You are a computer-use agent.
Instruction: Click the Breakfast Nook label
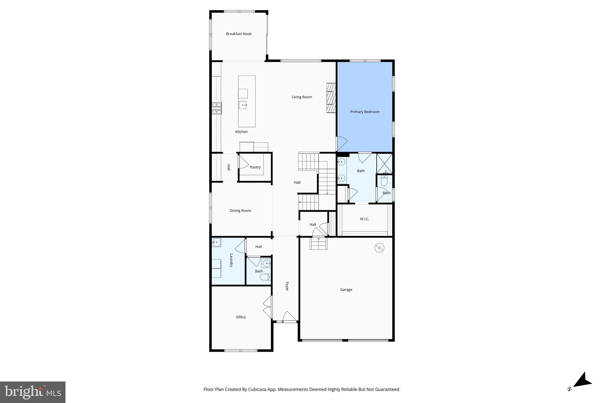tap(239, 34)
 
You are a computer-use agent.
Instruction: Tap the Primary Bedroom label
tap(365, 112)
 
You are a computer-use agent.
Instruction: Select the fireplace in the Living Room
tap(331, 98)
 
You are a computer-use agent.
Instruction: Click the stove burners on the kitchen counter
tap(217, 108)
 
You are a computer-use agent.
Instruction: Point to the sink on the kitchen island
tap(243, 105)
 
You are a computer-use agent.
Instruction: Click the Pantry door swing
tap(243, 162)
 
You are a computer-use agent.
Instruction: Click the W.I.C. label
tap(364, 219)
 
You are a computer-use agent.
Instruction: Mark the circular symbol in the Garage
tap(379, 248)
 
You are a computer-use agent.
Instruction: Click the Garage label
tap(346, 290)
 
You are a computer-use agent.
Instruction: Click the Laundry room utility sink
tap(216, 242)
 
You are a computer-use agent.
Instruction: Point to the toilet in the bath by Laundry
tap(265, 277)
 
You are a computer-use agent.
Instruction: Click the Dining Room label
tap(240, 211)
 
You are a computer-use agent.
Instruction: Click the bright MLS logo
tap(33, 392)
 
